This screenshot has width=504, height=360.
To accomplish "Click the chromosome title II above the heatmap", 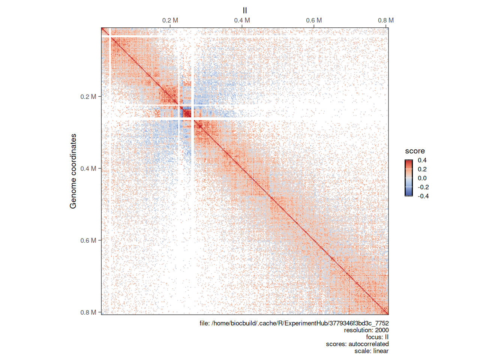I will pyautogui.click(x=245, y=10).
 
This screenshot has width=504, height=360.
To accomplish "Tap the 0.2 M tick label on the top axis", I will pyautogui.click(x=170, y=20).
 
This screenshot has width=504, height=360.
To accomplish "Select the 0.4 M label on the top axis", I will pyautogui.click(x=242, y=20).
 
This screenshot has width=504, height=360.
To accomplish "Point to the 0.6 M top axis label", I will pyautogui.click(x=314, y=20).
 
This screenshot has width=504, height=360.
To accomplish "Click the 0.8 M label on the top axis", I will pyautogui.click(x=385, y=20).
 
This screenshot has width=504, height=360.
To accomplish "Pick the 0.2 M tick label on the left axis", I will pyautogui.click(x=88, y=97).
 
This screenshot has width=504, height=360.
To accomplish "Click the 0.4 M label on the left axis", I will pyautogui.click(x=88, y=169).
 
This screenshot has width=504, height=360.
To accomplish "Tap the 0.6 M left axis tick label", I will pyautogui.click(x=88, y=240).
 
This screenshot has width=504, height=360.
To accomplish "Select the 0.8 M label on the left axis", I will pyautogui.click(x=88, y=312).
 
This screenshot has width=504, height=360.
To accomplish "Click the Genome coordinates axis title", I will pyautogui.click(x=73, y=171).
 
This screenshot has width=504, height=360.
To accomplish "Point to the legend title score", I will pyautogui.click(x=415, y=151).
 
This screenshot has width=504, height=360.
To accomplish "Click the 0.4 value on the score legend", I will pyautogui.click(x=422, y=160).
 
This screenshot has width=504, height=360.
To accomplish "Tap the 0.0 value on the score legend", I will pyautogui.click(x=422, y=178).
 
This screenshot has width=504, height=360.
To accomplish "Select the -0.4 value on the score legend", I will pyautogui.click(x=423, y=196).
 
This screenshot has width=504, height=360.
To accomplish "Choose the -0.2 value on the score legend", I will pyautogui.click(x=423, y=187).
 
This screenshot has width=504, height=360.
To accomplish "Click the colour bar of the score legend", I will pyautogui.click(x=408, y=178).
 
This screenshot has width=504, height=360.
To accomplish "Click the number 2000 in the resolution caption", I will pyautogui.click(x=382, y=330).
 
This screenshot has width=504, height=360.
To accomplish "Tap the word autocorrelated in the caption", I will pyautogui.click(x=368, y=344).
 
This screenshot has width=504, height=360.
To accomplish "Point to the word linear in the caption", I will pyautogui.click(x=381, y=351).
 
